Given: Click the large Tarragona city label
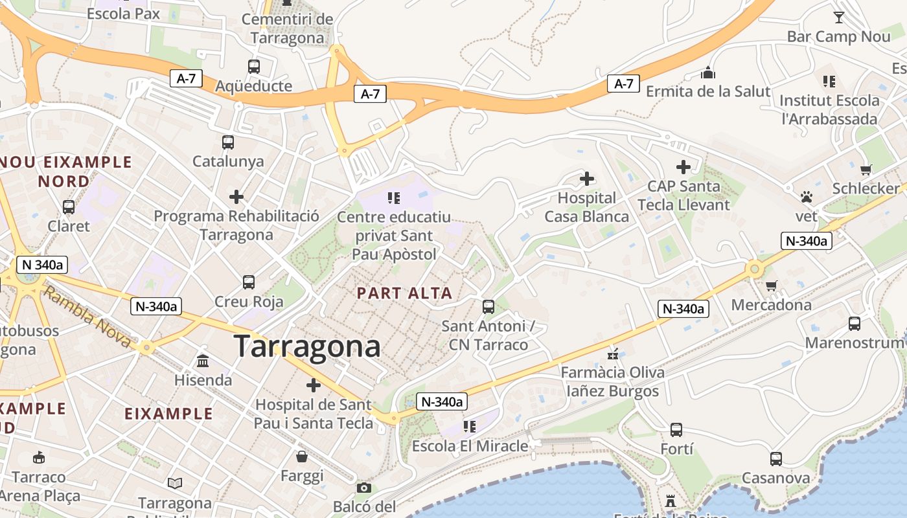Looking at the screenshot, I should [x=306, y=346].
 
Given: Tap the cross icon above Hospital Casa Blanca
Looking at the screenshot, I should [x=587, y=179].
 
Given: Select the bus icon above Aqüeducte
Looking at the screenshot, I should [x=254, y=66].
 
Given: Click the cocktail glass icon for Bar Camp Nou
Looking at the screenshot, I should [x=839, y=17].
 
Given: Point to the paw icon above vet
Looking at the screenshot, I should [x=807, y=196].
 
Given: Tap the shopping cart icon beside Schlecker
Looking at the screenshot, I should [x=866, y=170].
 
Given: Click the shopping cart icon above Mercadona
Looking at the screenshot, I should [x=771, y=286].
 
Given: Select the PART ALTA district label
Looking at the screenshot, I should [x=404, y=293].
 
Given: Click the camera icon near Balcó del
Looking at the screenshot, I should [x=364, y=488].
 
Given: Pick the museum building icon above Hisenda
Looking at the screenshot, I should [x=203, y=361].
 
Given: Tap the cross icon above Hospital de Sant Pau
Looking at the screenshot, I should [x=314, y=385].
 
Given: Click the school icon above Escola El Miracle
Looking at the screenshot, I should [x=470, y=426].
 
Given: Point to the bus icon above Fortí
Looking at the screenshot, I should [x=676, y=429].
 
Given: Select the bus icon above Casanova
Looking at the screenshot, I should [x=776, y=459].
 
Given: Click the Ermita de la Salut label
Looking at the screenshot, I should [x=708, y=91].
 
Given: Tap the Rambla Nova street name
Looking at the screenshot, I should [x=88, y=318].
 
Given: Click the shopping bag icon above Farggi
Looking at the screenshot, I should [x=302, y=456].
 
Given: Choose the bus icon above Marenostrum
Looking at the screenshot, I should [x=855, y=323].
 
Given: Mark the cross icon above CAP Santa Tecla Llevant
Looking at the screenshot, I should [x=683, y=167].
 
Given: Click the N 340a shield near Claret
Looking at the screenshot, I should [x=42, y=264].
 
